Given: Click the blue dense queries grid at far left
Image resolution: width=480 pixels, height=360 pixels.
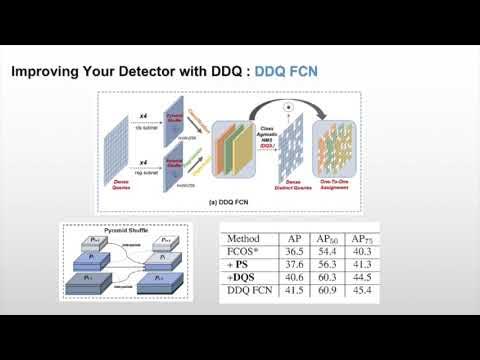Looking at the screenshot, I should click(122, 150).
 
